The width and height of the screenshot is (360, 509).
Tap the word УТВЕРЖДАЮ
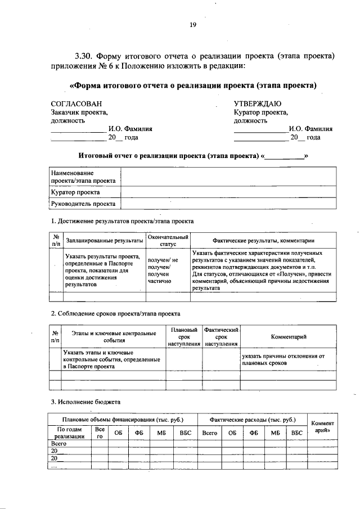point(258,104)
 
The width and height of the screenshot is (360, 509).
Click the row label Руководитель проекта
point(83,204)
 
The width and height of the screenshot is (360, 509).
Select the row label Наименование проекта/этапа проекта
point(83,177)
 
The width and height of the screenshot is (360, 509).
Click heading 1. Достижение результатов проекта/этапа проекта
point(122,222)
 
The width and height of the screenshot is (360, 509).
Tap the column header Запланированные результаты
point(105,241)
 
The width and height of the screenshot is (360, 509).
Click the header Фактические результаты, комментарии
point(263,241)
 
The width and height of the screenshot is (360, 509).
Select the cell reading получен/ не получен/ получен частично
point(163,269)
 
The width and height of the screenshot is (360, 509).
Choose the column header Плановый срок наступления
point(184,336)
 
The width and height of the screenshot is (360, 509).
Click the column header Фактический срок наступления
point(222,336)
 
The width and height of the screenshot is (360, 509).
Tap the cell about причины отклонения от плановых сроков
point(283,359)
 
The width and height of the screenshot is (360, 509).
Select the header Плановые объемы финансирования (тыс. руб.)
point(122,420)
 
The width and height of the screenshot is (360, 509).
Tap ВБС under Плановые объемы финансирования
point(185,433)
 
